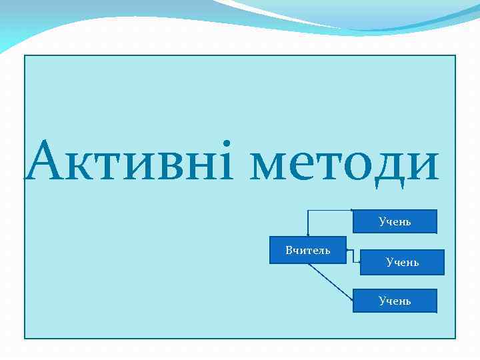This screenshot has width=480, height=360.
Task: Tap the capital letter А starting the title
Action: tap(46, 162)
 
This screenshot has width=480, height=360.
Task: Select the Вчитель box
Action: tap(308, 250)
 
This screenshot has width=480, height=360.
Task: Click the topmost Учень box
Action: tap(395, 221)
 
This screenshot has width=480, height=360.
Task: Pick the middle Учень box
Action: tap(402, 262)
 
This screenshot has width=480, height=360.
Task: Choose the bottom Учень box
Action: tap(395, 301)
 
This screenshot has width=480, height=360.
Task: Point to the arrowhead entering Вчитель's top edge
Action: tap(307, 234)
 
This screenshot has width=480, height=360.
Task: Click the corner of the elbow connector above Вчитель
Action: tap(307, 211)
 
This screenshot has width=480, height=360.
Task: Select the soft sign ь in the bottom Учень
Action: tap(408, 301)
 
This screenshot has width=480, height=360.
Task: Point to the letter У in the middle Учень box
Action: tap(389, 263)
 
